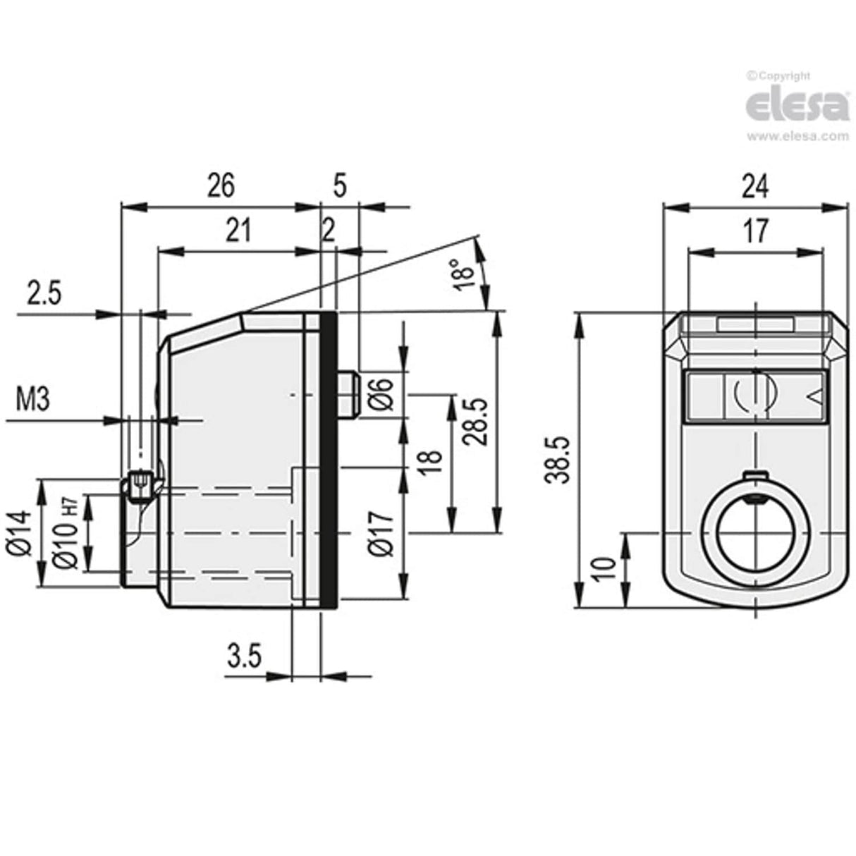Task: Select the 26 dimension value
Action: click(220, 186)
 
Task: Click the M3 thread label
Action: click(32, 401)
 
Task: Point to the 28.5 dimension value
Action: click(476, 420)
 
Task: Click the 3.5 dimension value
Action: click(244, 656)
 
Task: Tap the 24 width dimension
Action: click(754, 186)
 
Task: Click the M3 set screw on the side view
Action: click(140, 487)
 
